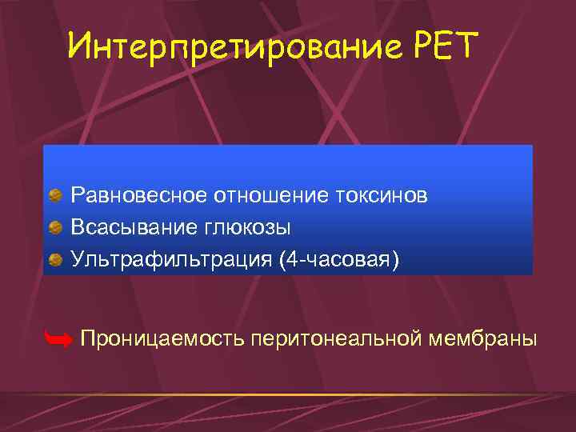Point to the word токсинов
(383, 195)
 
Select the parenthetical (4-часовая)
(338, 260)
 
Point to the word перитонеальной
(335, 339)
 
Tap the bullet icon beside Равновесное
(55, 195)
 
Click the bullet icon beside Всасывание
(55, 228)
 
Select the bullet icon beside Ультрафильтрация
(55, 260)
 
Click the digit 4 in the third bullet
(291, 260)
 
